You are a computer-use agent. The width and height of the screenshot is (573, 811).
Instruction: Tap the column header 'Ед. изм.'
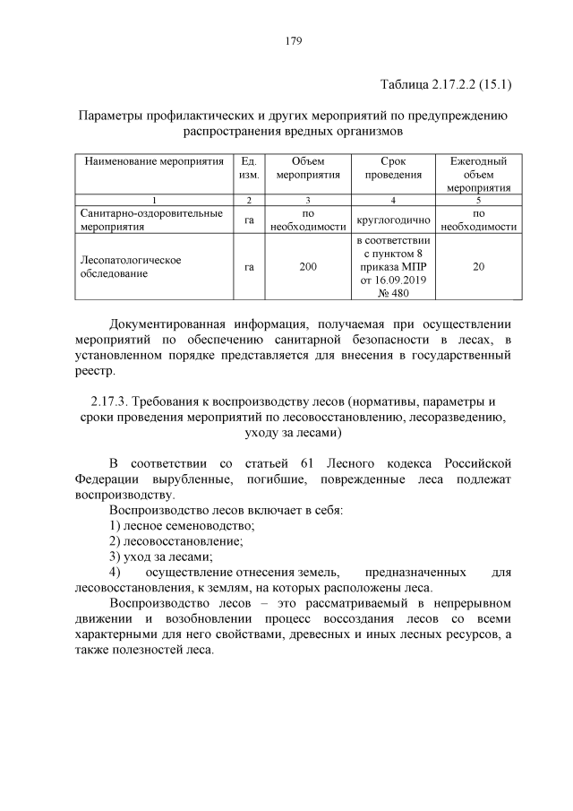pos(248,168)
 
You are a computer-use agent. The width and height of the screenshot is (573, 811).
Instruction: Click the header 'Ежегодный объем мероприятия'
pos(478,174)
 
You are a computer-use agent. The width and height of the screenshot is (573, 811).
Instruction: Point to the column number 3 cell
pos(307,199)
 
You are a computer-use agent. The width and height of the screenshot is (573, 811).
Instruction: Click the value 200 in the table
pos(307,266)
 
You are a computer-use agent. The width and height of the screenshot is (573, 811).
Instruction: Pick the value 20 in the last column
pos(478,266)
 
